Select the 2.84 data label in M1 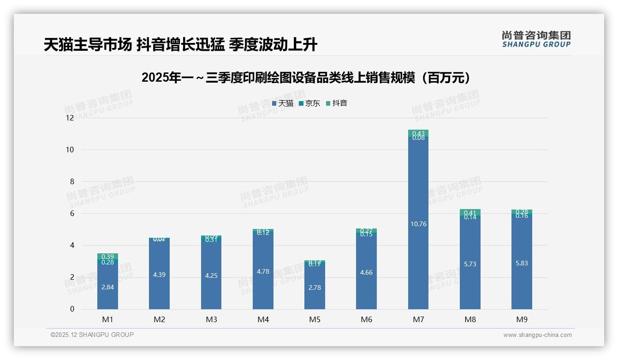pos(107,287)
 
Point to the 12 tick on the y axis pos(70,118)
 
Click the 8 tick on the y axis pos(71,182)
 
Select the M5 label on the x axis pos(315,319)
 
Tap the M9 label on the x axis pos(522,319)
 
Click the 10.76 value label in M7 pos(418,224)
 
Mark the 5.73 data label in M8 pos(470,264)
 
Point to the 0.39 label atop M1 pos(107,257)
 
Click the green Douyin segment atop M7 pos(418,133)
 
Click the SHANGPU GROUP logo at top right pos(536,39)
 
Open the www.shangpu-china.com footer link pos(537,335)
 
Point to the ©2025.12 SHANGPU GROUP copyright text pos(92,335)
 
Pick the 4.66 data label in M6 pos(366,273)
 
